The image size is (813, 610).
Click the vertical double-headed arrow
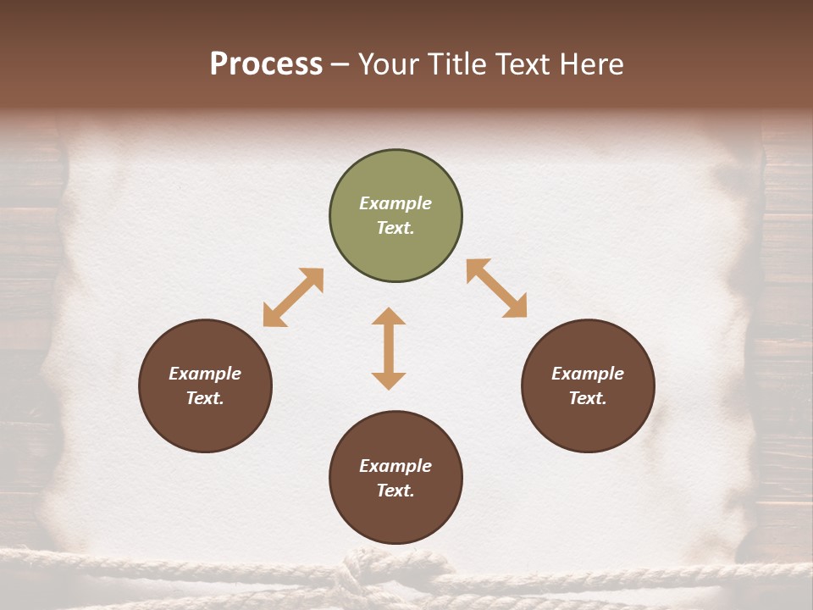point(389,348)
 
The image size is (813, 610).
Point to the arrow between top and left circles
point(293,297)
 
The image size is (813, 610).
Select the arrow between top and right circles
point(496,288)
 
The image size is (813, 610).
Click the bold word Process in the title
point(266,64)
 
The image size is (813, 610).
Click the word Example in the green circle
point(395,203)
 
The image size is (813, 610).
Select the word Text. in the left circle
point(205,398)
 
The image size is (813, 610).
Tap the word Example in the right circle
point(588,374)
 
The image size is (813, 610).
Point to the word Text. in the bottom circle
point(395,491)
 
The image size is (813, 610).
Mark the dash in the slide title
point(340,65)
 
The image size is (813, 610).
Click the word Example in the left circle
point(205,374)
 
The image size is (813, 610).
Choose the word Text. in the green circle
point(395,228)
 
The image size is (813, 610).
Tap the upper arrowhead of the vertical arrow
point(389,316)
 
